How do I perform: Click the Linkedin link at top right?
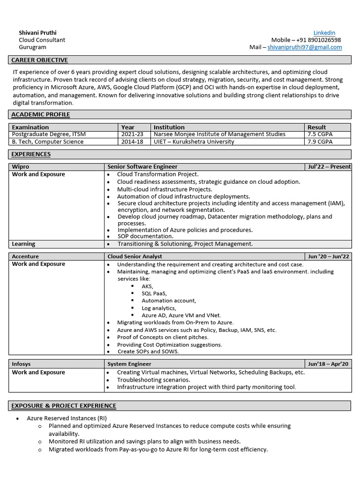(324, 33)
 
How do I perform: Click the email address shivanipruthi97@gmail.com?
(304, 47)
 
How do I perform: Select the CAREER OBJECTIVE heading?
(40, 60)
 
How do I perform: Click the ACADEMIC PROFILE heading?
(41, 114)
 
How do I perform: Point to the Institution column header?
(169, 127)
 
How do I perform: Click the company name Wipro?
(21, 166)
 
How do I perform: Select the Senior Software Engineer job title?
(142, 166)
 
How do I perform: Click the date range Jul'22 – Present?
(330, 166)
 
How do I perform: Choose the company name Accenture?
(25, 256)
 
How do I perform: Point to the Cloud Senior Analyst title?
(135, 256)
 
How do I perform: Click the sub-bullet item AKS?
(147, 286)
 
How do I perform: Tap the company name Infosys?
(22, 364)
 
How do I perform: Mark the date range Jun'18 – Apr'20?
(329, 364)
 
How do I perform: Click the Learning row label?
(23, 244)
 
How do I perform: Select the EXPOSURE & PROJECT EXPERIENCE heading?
(64, 405)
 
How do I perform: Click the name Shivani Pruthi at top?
(37, 33)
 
